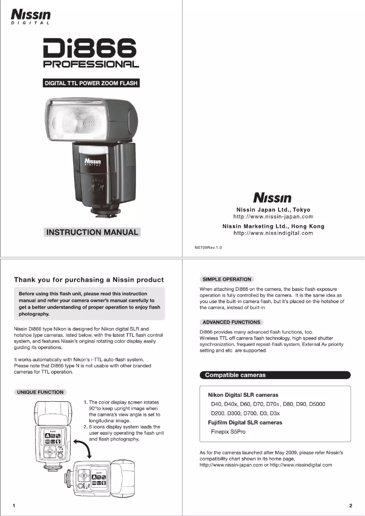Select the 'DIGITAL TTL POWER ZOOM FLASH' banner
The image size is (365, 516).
tap(91, 83)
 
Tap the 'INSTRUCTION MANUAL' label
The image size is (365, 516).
tap(92, 232)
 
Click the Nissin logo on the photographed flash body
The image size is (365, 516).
tap(92, 162)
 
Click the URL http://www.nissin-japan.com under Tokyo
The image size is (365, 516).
tap(273, 217)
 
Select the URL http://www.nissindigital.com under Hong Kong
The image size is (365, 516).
tap(273, 233)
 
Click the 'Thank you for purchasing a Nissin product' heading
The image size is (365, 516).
tap(89, 279)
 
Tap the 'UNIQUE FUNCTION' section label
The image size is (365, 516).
tap(40, 392)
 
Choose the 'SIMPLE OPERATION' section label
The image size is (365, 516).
tap(227, 279)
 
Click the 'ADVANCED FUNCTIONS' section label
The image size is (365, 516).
tap(231, 322)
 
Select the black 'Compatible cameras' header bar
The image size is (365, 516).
tap(275, 375)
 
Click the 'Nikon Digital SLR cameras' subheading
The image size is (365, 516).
tap(243, 395)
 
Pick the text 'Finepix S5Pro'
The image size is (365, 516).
tap(228, 431)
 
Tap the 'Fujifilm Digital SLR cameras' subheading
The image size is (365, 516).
tap(245, 422)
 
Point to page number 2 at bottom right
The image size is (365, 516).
tap(350, 506)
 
